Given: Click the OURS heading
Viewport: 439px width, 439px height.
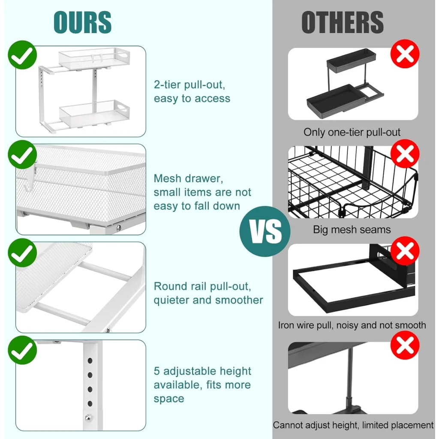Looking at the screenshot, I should tap(82, 22).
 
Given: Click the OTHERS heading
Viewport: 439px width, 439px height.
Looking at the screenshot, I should tap(342, 22).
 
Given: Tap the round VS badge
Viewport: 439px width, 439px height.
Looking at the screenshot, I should tap(265, 232).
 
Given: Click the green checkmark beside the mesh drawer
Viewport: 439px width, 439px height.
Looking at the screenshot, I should tap(22, 156).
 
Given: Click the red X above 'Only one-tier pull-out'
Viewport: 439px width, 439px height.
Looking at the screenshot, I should tap(405, 54).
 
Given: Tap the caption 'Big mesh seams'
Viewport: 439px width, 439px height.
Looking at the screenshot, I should tap(352, 230).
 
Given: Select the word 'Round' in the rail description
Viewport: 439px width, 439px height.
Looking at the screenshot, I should tap(170, 286).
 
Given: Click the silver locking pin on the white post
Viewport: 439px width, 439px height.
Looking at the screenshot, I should tap(88, 416).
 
